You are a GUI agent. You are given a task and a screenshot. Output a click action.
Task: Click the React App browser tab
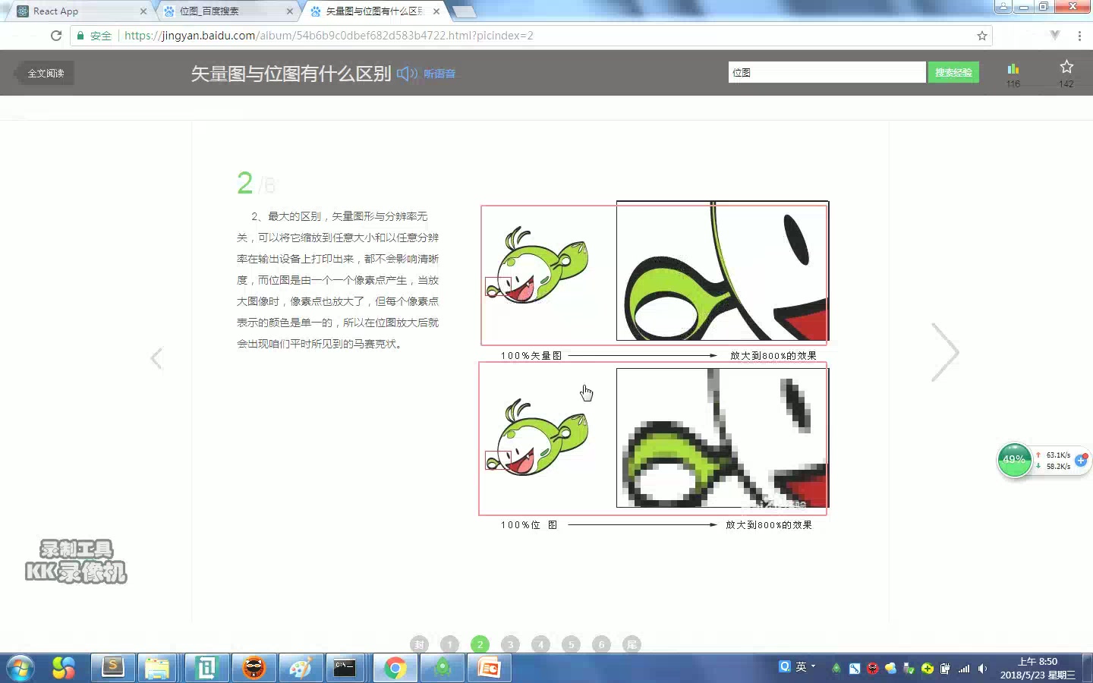(76, 11)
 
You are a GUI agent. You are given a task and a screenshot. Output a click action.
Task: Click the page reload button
(56, 36)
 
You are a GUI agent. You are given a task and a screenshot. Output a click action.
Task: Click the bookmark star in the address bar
(982, 36)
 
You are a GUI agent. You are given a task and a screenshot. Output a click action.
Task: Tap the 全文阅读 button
(46, 73)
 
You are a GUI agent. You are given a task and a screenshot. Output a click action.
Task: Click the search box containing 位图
(826, 72)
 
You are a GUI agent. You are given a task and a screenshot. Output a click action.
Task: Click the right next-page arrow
(945, 352)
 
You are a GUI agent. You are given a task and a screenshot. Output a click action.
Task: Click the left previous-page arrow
(156, 358)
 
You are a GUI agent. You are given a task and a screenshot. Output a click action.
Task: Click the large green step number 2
(244, 183)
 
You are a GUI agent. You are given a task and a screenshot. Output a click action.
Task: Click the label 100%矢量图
(531, 355)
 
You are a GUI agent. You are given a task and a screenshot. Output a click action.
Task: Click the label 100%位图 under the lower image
(529, 524)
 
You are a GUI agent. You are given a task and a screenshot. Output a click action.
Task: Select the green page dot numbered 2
(480, 644)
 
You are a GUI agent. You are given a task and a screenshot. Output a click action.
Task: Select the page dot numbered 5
(571, 644)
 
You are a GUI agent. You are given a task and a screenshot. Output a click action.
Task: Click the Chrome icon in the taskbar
(395, 668)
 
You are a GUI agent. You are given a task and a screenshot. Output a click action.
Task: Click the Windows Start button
(20, 668)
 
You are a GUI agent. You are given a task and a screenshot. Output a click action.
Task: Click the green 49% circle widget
(1014, 460)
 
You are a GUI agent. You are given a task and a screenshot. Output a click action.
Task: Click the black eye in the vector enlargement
(795, 240)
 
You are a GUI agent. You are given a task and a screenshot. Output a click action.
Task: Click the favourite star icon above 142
(1066, 67)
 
